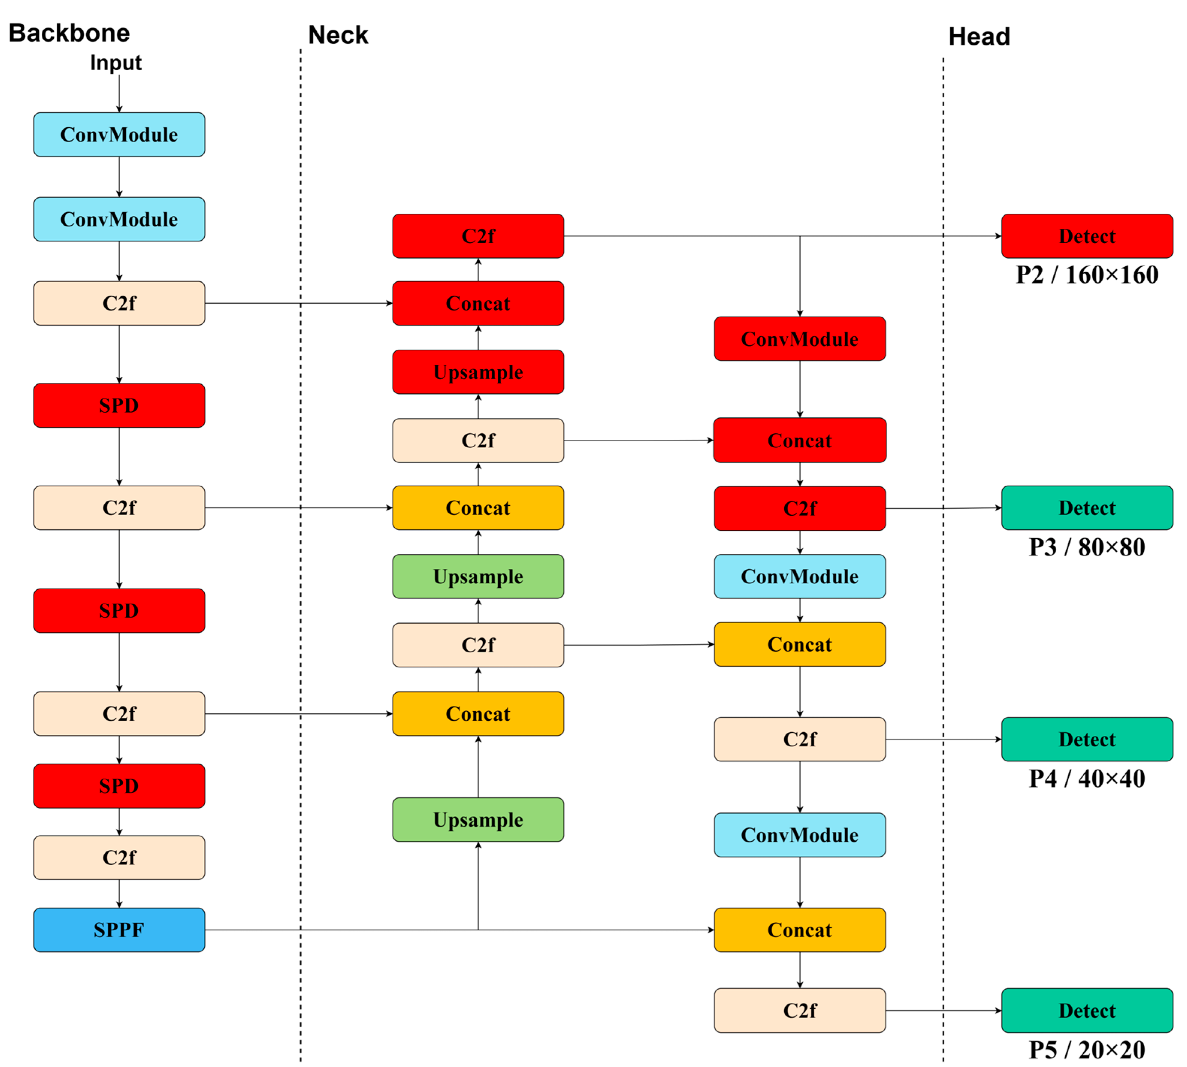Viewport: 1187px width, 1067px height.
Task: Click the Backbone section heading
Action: click(x=69, y=33)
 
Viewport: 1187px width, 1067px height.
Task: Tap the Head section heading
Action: click(x=979, y=36)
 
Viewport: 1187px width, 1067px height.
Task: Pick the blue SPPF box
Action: click(x=119, y=930)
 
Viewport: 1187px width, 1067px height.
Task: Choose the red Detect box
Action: click(x=1087, y=236)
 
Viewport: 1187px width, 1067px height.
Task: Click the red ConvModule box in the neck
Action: click(x=799, y=339)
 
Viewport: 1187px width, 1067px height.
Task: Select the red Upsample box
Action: click(x=478, y=372)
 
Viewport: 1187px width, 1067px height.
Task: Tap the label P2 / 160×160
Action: click(x=1087, y=275)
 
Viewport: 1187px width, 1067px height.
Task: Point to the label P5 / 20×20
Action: click(x=1087, y=1049)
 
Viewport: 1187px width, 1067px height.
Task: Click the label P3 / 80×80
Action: click(x=1087, y=546)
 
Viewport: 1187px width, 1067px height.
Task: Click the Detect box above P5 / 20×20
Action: click(x=1087, y=1010)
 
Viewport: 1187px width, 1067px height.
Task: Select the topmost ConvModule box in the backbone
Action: click(x=119, y=134)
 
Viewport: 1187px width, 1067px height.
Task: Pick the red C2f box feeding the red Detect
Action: click(x=478, y=236)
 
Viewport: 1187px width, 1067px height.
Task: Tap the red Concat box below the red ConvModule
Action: click(x=799, y=440)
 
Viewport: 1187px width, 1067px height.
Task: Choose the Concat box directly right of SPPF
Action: click(x=799, y=930)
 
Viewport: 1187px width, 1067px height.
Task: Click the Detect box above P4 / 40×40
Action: click(x=1087, y=739)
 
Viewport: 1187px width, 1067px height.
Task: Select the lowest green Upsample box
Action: click(x=478, y=819)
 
